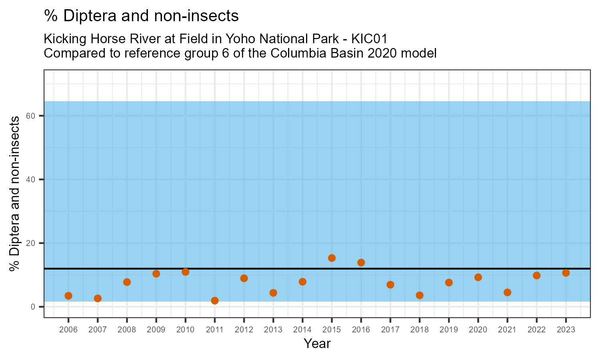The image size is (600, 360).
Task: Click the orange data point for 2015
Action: click(x=332, y=258)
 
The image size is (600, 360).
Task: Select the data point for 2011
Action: click(x=215, y=300)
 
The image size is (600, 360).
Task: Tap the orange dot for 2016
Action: click(x=361, y=262)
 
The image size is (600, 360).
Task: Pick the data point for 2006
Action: click(x=68, y=296)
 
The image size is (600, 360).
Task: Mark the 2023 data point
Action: click(x=566, y=273)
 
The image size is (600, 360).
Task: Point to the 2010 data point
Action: click(x=186, y=272)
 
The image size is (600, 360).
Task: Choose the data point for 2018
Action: click(x=420, y=295)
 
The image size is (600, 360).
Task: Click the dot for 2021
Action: click(x=507, y=292)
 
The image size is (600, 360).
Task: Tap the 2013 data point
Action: click(x=273, y=293)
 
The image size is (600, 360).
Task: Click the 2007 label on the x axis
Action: click(x=98, y=330)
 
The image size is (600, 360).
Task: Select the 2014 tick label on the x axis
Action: click(x=302, y=330)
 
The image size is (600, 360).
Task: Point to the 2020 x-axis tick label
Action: click(x=478, y=330)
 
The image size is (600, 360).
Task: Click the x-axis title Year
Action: click(x=317, y=344)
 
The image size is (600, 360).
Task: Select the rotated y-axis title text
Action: click(x=15, y=194)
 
